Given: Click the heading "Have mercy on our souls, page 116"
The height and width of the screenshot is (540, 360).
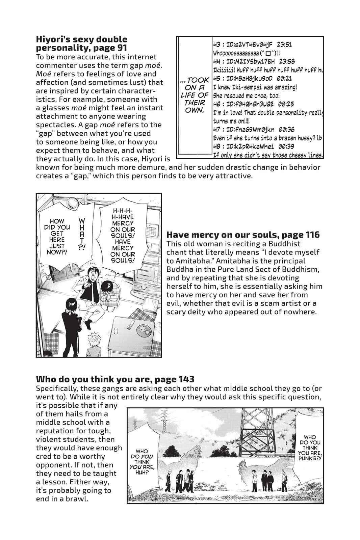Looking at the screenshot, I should click(243, 235).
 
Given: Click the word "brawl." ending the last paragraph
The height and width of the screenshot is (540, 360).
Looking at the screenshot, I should click(77, 498).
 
